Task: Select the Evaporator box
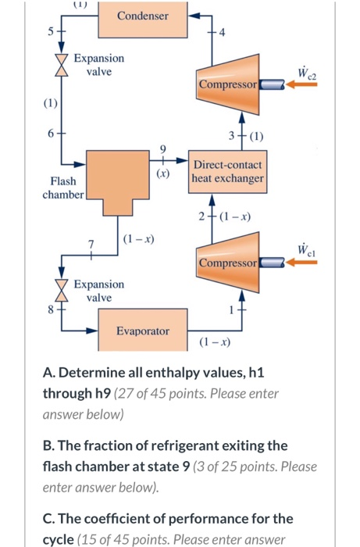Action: (x=142, y=331)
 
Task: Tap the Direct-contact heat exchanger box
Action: (x=228, y=172)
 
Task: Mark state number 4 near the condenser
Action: (x=223, y=33)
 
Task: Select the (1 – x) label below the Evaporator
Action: (x=213, y=341)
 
